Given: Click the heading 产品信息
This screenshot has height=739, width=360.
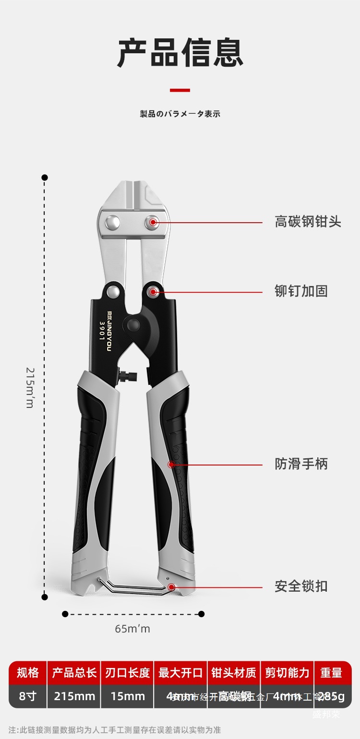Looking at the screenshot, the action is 180,53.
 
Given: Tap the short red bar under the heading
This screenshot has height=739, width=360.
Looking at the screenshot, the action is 180,90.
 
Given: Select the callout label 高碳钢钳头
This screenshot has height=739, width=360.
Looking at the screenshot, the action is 308,222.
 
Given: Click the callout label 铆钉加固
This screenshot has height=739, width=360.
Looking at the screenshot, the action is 301,291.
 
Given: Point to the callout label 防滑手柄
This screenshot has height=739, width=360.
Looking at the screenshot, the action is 301,464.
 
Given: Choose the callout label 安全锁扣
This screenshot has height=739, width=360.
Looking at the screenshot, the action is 301,586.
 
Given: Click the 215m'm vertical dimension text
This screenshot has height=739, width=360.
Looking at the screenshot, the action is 30,387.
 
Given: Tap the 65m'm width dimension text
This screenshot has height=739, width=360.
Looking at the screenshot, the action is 132,629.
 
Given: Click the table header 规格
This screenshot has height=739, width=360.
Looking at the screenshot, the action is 28,673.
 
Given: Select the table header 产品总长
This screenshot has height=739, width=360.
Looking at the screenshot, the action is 74,673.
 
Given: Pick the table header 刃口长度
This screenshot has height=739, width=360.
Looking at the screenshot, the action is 128,673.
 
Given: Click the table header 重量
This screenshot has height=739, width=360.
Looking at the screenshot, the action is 331,673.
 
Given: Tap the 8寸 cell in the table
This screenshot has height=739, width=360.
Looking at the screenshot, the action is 28,696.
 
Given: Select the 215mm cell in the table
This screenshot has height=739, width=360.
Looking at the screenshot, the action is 74,696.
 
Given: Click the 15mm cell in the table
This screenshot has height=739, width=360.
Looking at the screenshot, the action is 128,696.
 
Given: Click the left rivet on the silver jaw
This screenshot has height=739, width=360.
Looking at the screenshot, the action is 113,222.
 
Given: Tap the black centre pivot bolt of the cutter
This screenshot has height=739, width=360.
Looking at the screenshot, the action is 134,325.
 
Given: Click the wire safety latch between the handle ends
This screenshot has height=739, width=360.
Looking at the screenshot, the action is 137,588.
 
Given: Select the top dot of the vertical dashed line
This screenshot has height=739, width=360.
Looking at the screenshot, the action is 45,178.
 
